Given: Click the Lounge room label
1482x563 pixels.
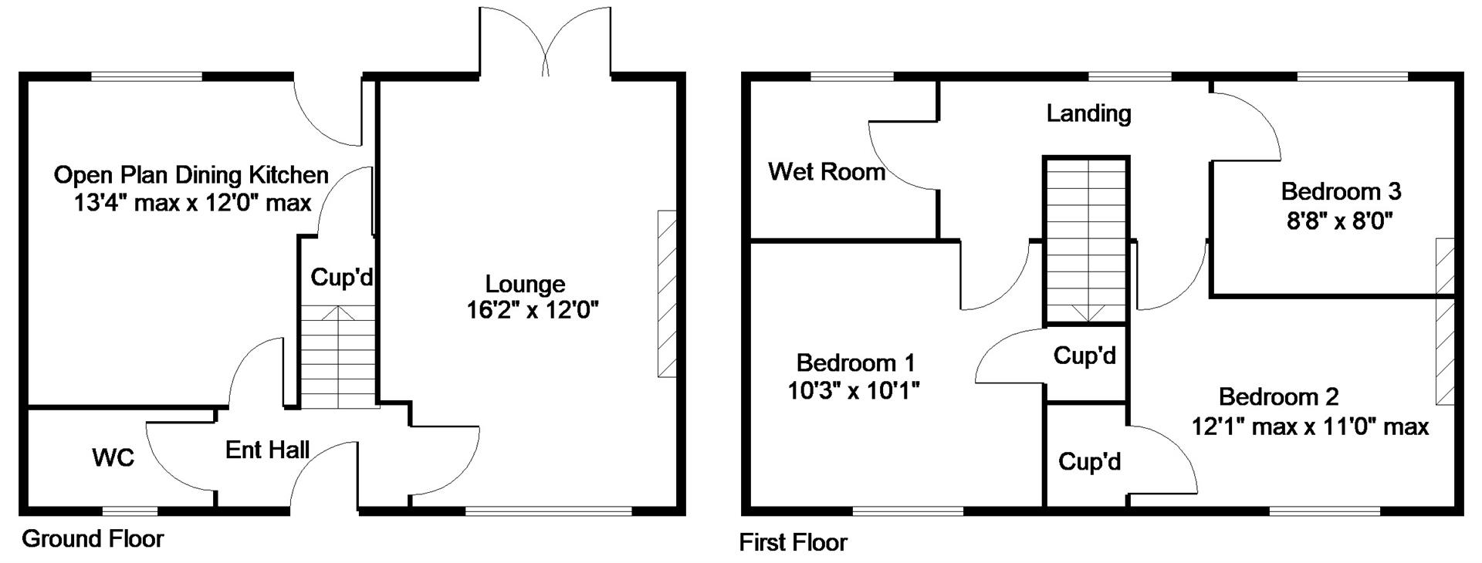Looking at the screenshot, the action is click(x=525, y=285).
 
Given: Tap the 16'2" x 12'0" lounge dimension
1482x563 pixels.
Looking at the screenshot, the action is click(x=533, y=311).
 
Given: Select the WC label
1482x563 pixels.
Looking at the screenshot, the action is click(x=113, y=458).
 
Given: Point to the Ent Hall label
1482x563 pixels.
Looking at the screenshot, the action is click(x=267, y=450).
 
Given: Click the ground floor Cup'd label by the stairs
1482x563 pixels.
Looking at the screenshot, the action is click(x=342, y=277).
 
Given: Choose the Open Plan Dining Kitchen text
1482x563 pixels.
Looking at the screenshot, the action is click(x=191, y=175).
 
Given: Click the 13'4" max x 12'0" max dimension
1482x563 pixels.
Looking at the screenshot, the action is click(x=193, y=203).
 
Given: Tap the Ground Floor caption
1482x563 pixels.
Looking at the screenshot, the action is click(x=93, y=538).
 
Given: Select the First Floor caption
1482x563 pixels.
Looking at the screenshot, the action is click(x=793, y=542).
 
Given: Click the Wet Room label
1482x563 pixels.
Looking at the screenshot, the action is click(x=827, y=171).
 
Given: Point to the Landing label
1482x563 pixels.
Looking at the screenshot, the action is click(x=1089, y=113).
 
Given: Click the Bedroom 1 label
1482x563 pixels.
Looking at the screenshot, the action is click(x=856, y=362).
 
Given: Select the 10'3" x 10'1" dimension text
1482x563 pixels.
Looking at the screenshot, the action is click(x=854, y=391).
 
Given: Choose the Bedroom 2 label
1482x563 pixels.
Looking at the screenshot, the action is click(x=1279, y=397).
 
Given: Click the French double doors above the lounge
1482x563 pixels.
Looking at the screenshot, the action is click(x=546, y=42).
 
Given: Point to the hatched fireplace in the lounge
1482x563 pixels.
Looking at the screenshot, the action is click(x=667, y=293).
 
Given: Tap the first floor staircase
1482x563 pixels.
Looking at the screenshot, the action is click(x=1087, y=241).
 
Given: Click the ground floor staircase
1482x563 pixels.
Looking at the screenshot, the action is click(x=337, y=356).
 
